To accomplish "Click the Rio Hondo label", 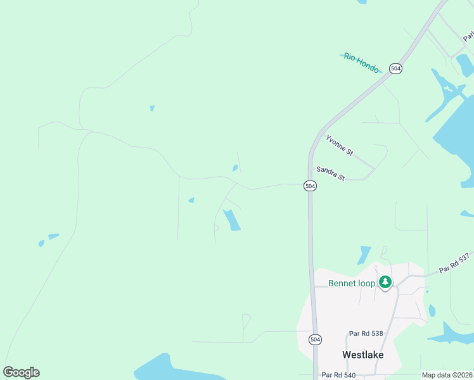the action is (x=361, y=63).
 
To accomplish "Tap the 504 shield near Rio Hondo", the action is (x=396, y=68).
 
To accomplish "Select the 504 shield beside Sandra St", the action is (x=309, y=186).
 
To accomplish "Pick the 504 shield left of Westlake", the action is (x=315, y=339).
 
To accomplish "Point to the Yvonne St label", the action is (x=339, y=145).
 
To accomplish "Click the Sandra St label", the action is (x=330, y=174).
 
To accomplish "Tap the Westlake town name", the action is (x=362, y=355).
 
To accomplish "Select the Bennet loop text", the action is (x=352, y=283).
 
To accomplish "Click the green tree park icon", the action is (x=385, y=282).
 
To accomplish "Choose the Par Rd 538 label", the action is (x=366, y=333).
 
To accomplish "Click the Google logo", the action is (x=21, y=372).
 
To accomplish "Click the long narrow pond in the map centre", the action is (x=231, y=219).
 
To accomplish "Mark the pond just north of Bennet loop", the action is (x=364, y=255).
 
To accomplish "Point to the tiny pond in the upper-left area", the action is (x=152, y=108).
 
